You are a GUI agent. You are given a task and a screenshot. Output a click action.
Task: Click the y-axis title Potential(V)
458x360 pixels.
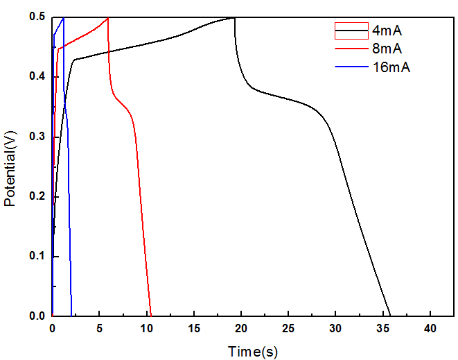pyautogui.click(x=10, y=166)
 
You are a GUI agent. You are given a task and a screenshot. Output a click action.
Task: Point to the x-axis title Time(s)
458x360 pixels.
pyautogui.click(x=253, y=352)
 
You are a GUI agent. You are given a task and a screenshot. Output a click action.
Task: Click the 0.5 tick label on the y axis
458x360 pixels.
pyautogui.click(x=36, y=17)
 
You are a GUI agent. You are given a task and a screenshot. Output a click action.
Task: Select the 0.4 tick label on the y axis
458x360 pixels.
pyautogui.click(x=36, y=76)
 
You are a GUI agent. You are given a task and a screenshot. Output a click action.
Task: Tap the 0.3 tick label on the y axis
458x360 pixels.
pyautogui.click(x=36, y=137)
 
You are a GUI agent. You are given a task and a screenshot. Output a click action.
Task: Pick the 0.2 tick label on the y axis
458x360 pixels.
pyautogui.click(x=36, y=196)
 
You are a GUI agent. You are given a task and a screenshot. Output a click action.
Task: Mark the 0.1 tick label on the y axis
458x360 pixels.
pyautogui.click(x=36, y=257)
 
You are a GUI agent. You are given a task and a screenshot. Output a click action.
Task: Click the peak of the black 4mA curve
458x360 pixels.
pyautogui.click(x=234, y=17)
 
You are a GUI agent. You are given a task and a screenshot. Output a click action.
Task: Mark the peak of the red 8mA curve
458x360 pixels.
pyautogui.click(x=107, y=18)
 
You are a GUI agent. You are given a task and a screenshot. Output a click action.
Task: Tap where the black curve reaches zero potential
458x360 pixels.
pyautogui.click(x=390, y=316)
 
